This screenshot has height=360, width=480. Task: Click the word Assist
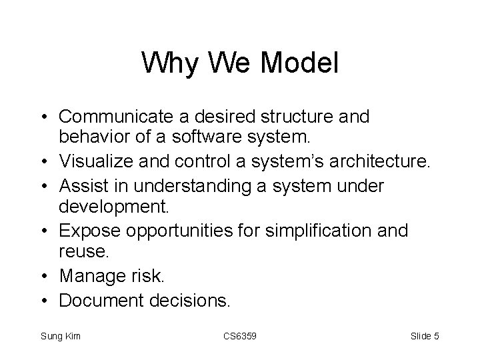coord(83,185)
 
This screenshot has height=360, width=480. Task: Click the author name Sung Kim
coord(61,337)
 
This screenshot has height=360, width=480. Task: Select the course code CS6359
coord(239,337)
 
